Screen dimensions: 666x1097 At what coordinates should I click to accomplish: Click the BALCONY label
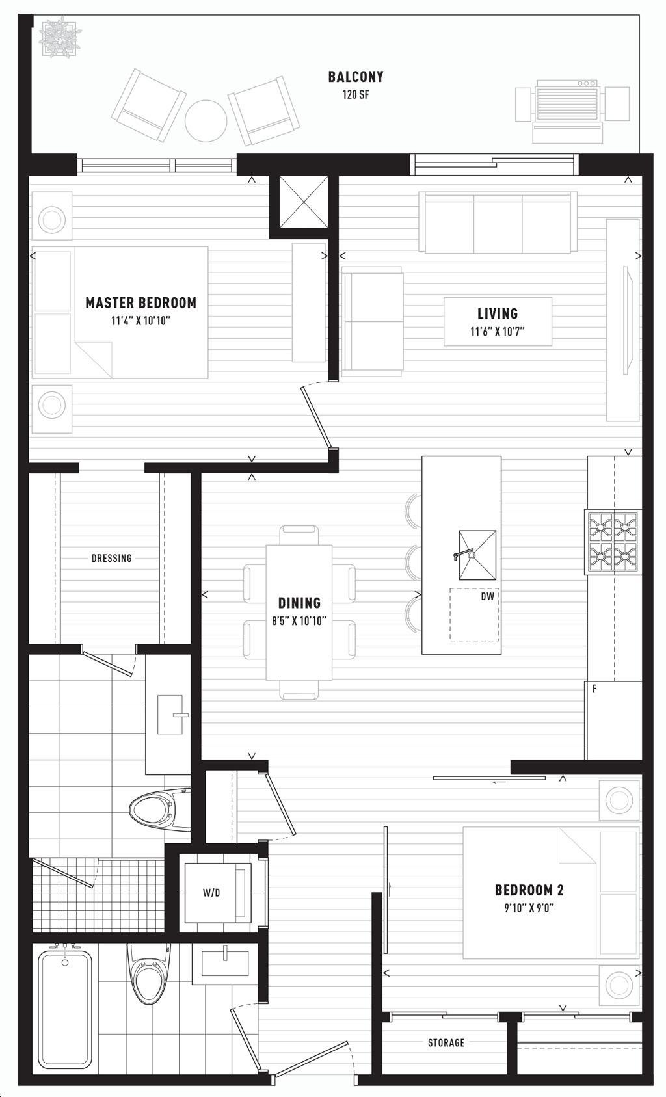click(x=356, y=77)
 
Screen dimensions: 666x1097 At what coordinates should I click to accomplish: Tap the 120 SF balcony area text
click(x=356, y=94)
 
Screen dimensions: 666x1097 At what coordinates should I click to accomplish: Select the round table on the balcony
click(x=206, y=121)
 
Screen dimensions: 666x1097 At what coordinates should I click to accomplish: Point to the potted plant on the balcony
click(x=60, y=36)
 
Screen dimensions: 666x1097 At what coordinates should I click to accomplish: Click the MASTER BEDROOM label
click(x=141, y=302)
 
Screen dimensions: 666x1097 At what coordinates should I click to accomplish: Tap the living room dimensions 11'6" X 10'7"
click(x=498, y=332)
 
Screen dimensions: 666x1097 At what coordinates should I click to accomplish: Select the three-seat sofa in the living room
click(x=498, y=223)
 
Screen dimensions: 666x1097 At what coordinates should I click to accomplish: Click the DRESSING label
click(x=112, y=559)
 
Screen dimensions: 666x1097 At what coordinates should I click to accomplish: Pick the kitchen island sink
click(x=477, y=555)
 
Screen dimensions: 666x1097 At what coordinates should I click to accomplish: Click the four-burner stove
click(x=613, y=542)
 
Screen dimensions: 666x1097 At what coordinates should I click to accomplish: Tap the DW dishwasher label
click(x=487, y=596)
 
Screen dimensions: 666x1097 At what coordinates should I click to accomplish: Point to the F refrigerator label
click(x=594, y=689)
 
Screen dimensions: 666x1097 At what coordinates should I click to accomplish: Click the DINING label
click(x=300, y=603)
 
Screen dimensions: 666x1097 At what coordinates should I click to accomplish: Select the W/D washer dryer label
click(x=211, y=893)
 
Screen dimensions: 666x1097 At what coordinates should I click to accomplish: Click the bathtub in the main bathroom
click(x=64, y=1005)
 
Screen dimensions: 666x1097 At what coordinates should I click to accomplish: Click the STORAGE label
click(x=446, y=1042)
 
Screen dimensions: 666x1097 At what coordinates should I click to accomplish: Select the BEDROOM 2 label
click(x=529, y=890)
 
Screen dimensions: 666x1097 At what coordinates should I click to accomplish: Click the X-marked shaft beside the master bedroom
click(x=304, y=202)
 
